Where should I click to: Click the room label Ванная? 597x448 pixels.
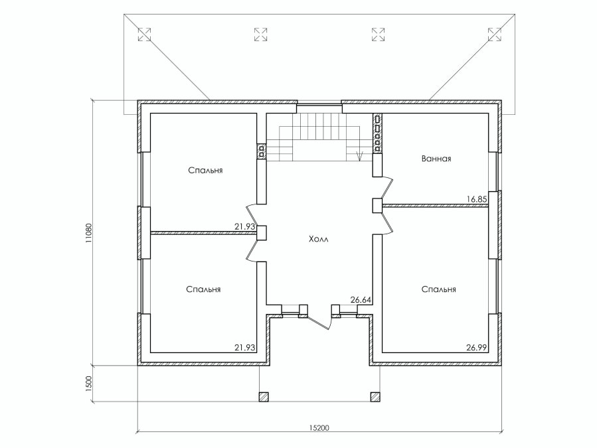pos(436,159)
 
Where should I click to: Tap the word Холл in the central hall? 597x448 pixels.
pos(318,239)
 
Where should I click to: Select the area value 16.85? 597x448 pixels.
pos(477,199)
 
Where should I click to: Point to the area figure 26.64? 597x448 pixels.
pos(361,300)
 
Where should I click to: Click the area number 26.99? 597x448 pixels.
pos(477,348)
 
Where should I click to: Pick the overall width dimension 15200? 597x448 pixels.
pos(319,428)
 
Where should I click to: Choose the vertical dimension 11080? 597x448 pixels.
pos(88,232)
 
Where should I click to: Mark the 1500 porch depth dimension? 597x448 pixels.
pos(88,384)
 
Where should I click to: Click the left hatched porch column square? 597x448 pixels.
pos(264,397)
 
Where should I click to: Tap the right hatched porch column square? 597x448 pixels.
pos(375,397)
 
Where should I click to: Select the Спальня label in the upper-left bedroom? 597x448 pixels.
pos(206,171)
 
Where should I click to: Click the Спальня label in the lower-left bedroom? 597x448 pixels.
pos(203,289)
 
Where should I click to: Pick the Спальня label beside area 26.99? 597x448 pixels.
pos(438,289)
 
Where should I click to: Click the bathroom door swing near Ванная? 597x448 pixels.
pos(388,187)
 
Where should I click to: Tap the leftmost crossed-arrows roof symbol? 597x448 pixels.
pos(144,35)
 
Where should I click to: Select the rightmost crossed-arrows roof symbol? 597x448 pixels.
pos(495,35)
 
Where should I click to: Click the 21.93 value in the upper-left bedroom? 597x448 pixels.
pos(244,226)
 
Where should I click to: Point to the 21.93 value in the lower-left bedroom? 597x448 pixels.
pos(244,348)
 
